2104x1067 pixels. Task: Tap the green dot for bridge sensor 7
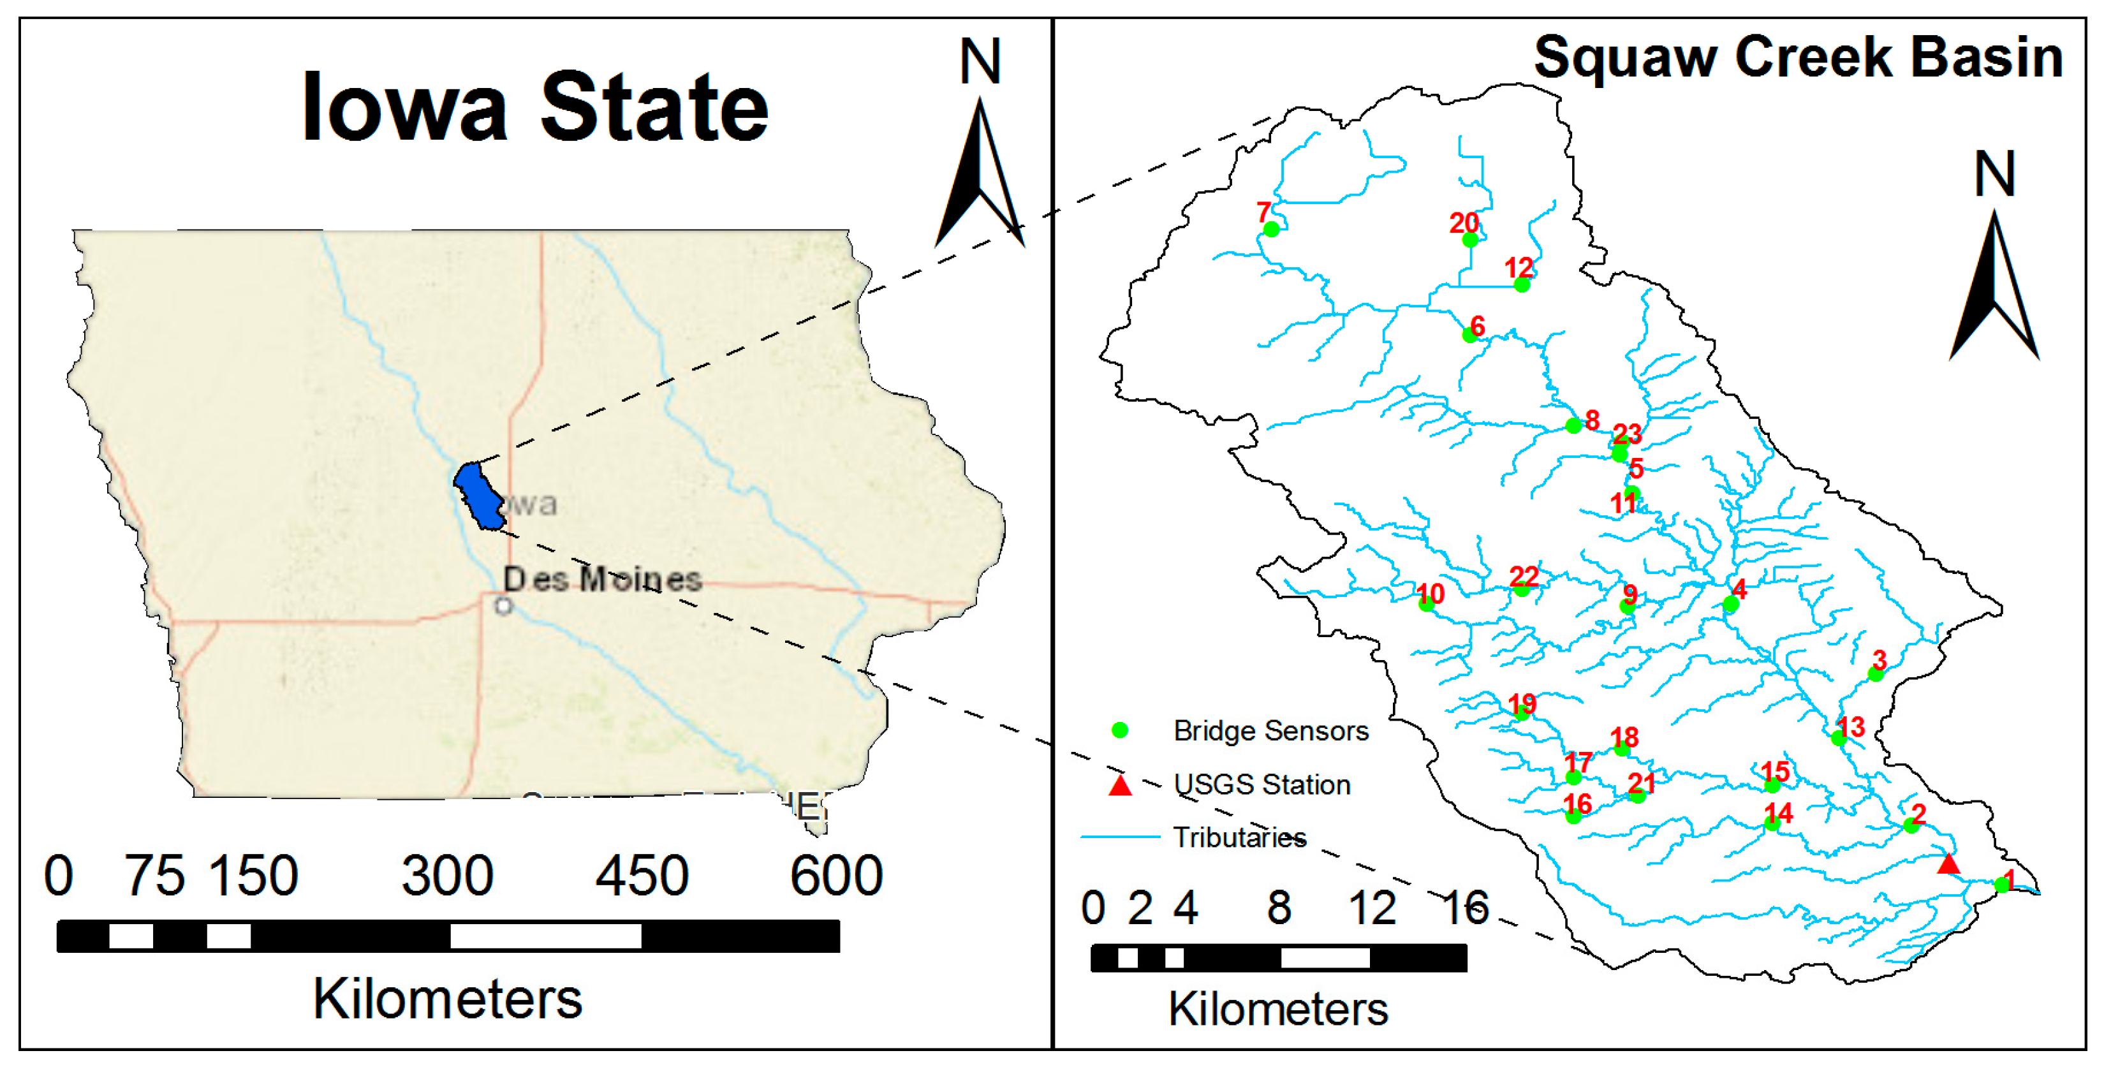(x=1271, y=230)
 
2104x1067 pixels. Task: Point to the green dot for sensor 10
(x=1426, y=604)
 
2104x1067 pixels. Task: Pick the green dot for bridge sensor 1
(x=2002, y=885)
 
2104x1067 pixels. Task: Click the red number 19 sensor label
(x=1522, y=703)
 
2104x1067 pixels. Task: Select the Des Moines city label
(x=602, y=579)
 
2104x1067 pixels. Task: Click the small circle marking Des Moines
(x=504, y=605)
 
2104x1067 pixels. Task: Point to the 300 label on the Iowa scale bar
(x=448, y=876)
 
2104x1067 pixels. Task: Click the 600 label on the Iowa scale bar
(x=836, y=876)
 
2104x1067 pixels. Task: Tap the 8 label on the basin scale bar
(x=1279, y=907)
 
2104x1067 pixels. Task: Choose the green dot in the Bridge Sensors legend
(x=1120, y=730)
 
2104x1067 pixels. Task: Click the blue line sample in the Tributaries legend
(x=1120, y=837)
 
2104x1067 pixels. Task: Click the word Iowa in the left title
(x=404, y=108)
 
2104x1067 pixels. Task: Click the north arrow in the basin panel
(x=1994, y=286)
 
